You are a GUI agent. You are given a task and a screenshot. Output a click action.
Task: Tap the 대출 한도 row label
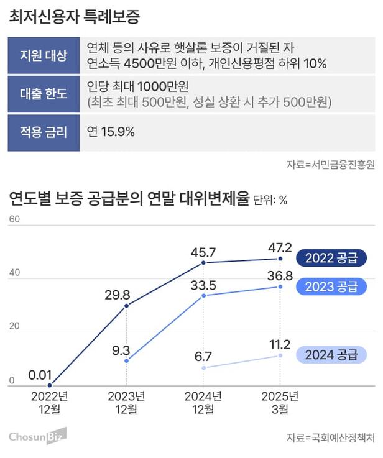point(44,94)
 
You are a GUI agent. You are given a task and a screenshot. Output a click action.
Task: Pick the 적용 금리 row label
point(44,132)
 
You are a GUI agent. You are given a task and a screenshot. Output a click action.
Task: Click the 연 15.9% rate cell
point(111,132)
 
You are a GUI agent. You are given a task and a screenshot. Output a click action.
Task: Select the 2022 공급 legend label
point(331,258)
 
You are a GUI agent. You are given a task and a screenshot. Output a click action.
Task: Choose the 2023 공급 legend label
point(331,286)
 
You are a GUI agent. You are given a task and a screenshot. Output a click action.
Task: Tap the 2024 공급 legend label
point(331,355)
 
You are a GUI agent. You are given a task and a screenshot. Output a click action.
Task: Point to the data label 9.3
point(121,350)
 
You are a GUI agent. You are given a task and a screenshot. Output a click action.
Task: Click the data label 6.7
point(203,356)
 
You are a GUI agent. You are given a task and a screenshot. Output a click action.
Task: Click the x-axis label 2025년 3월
point(280,402)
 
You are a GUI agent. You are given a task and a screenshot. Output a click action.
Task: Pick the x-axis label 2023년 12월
point(126,402)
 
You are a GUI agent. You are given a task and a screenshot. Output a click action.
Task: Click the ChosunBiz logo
point(37,436)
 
